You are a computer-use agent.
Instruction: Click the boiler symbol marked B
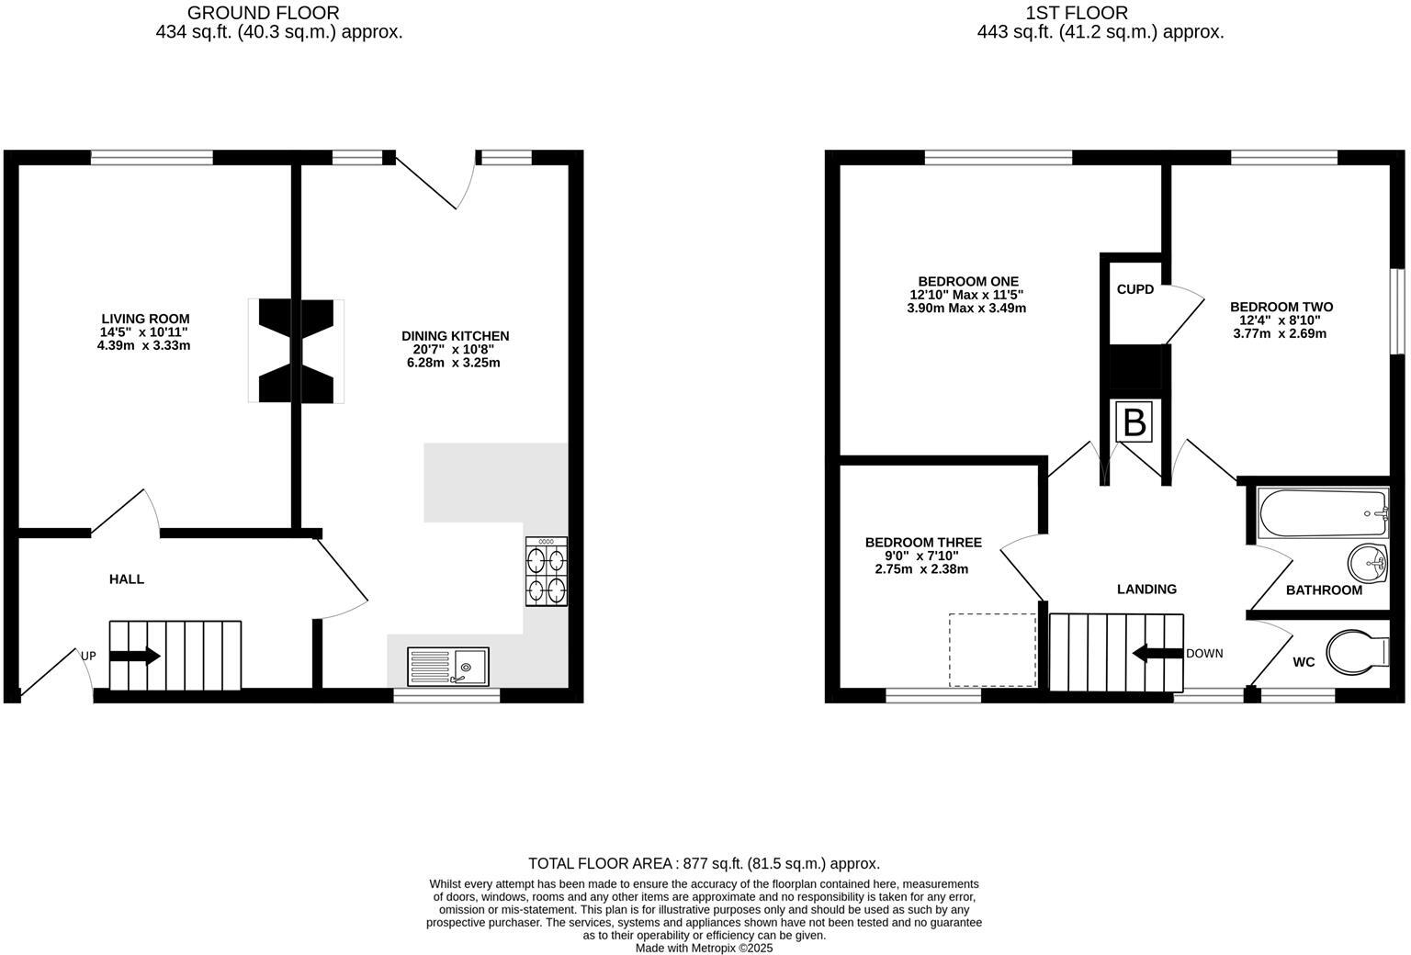pyautogui.click(x=1134, y=422)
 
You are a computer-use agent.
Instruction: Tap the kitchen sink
pyautogui.click(x=448, y=667)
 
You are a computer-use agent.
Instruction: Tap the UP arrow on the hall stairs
pyautogui.click(x=134, y=656)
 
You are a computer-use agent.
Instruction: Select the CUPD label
pyautogui.click(x=1134, y=289)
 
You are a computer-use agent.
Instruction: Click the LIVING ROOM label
pyautogui.click(x=144, y=319)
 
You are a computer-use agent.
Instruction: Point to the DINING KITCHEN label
pyautogui.click(x=455, y=336)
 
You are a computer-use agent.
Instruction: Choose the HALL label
pyautogui.click(x=127, y=579)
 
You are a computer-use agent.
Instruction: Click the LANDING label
pyautogui.click(x=1146, y=590)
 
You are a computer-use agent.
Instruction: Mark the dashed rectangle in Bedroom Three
pyautogui.click(x=992, y=650)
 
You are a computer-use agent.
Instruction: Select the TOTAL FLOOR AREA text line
pyautogui.click(x=704, y=863)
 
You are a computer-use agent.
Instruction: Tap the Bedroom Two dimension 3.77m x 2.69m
pyautogui.click(x=1280, y=334)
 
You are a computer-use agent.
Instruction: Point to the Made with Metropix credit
pyautogui.click(x=704, y=948)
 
